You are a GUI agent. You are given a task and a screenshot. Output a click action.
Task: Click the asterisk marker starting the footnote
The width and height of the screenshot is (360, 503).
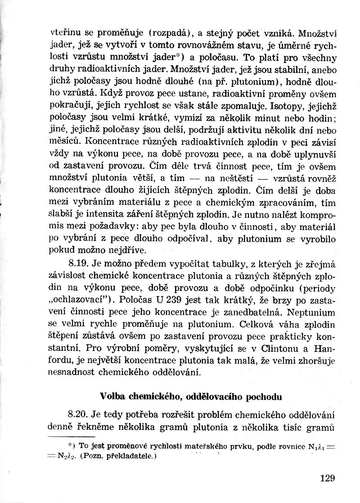[x=70, y=445]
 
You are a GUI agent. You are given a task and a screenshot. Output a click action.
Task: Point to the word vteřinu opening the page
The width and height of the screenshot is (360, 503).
[x=63, y=32]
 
